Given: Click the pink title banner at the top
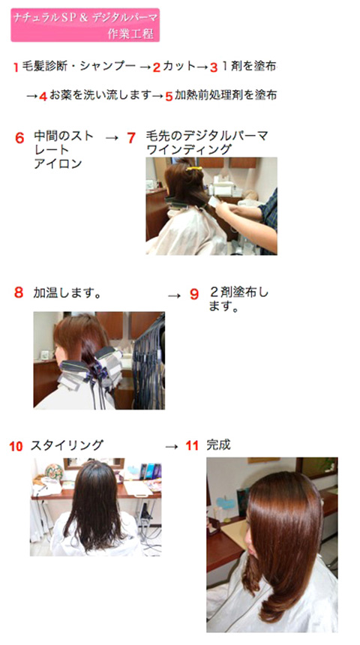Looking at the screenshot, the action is point(85,25).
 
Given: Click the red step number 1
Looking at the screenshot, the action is point(16,67).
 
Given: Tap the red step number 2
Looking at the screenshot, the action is point(156,67).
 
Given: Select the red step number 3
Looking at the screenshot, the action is point(213,67).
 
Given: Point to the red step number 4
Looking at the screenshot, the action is point(43,97).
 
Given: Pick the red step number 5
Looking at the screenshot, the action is point(169,97).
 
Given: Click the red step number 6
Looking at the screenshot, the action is point(19,138).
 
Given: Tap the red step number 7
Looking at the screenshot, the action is point(131,138).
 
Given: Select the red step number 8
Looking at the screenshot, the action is point(19,292).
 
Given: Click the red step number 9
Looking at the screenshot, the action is point(194,294).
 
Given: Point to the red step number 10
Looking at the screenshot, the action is point(16,447).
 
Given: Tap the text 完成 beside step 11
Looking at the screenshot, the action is point(218,445).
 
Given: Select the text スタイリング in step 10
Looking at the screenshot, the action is point(67,445).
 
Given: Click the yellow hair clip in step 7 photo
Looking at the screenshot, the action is point(193,168).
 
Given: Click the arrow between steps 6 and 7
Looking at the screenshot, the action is point(112,138).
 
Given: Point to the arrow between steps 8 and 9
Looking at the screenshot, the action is point(175,295).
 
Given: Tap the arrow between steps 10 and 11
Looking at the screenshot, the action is point(171,447).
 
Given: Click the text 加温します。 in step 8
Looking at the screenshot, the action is point(67,293).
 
